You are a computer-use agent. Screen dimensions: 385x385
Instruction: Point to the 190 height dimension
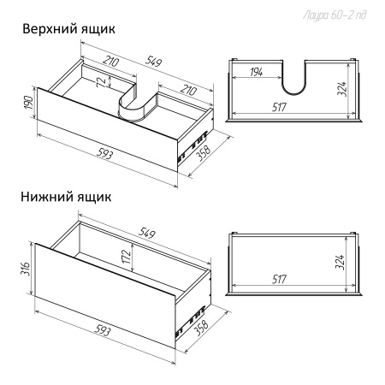tap(29, 108)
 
